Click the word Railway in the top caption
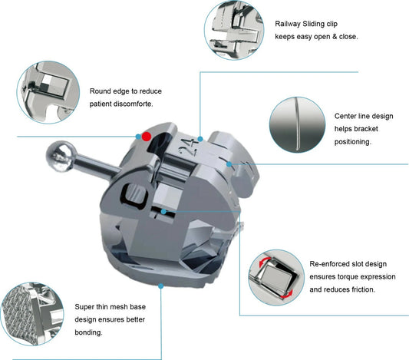tap(292, 23)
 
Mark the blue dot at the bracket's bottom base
tap(161, 285)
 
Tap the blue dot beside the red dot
tap(138, 136)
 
